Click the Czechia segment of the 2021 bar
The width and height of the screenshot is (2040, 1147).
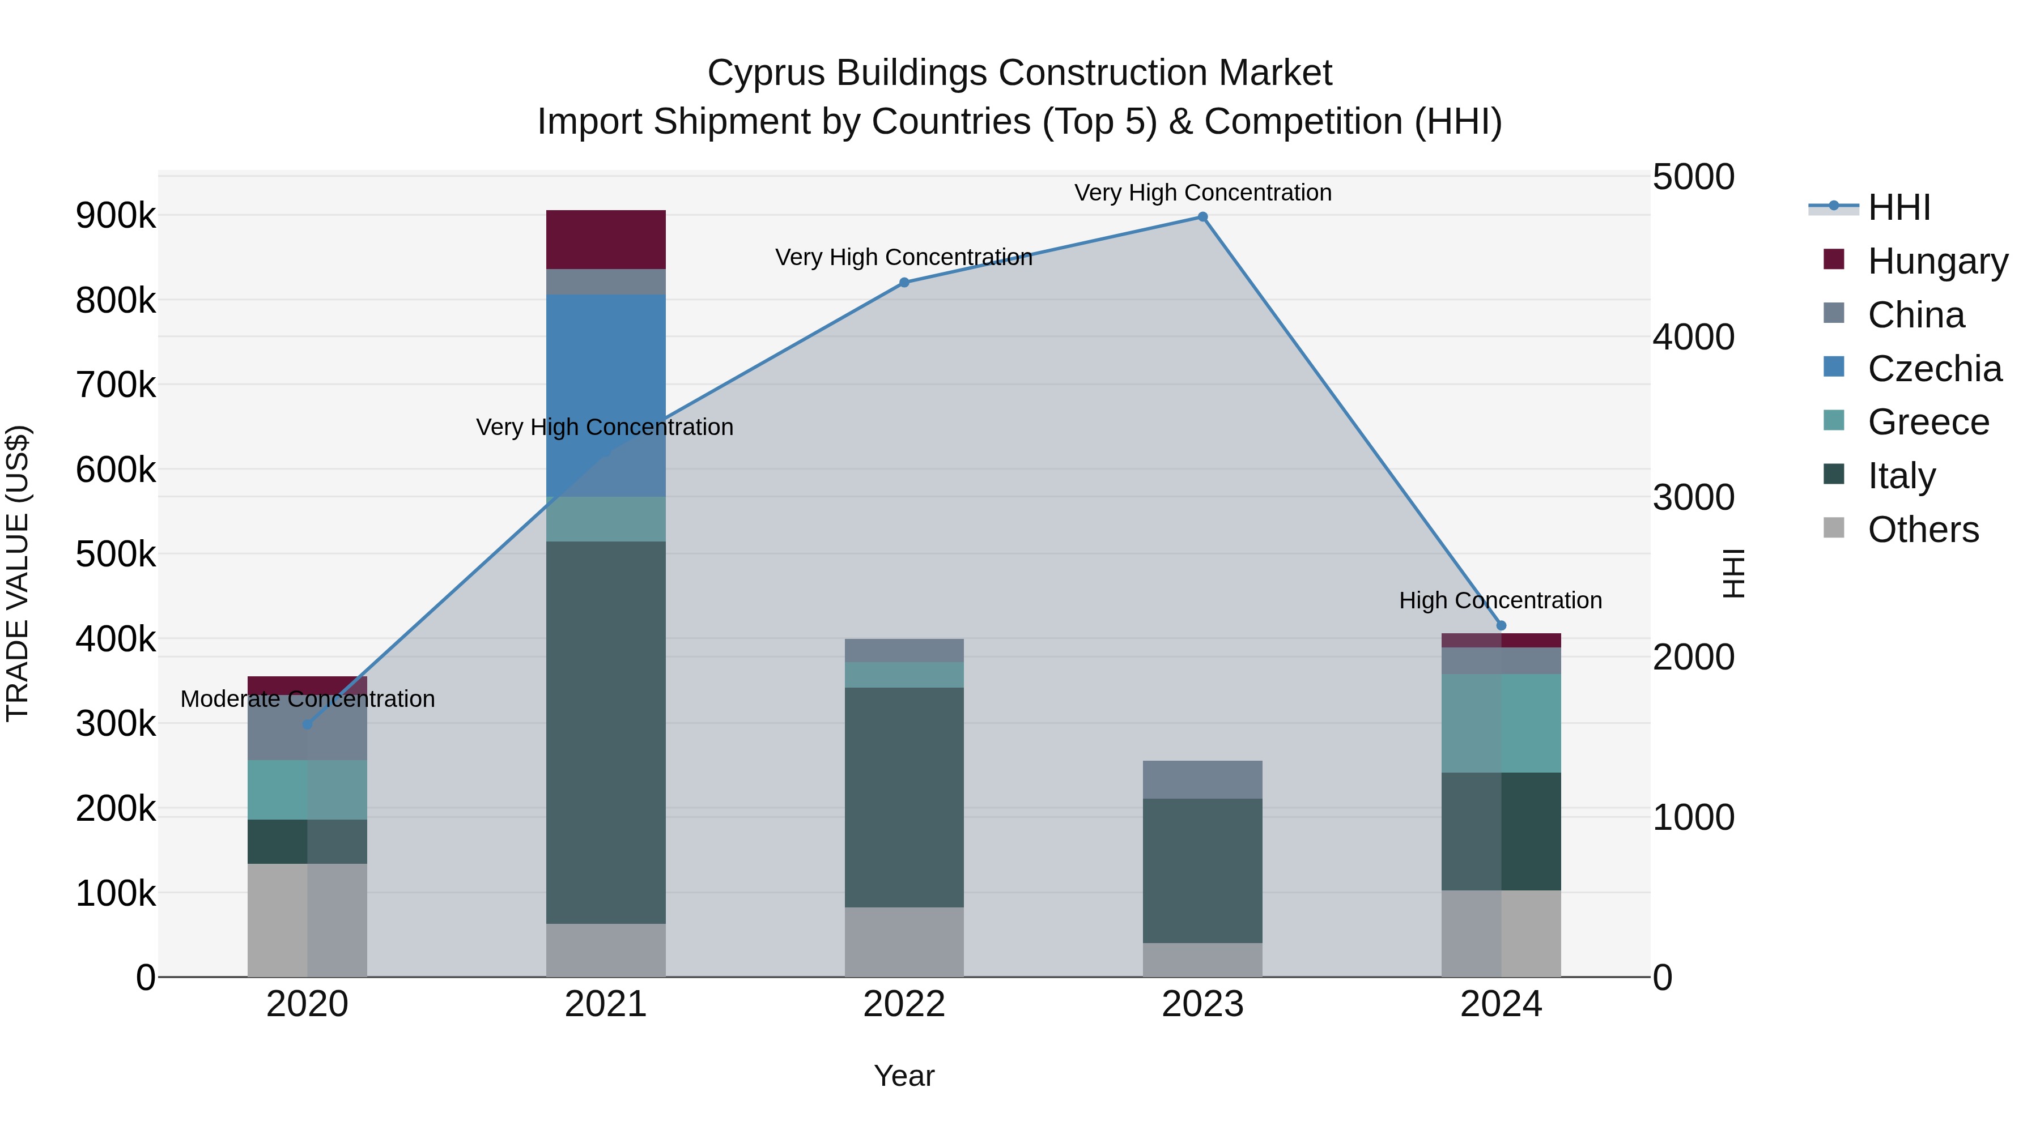606,372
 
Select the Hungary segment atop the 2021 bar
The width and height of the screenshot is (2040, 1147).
606,239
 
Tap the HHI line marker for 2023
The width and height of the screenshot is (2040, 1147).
1202,217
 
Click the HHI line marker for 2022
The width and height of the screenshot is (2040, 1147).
904,283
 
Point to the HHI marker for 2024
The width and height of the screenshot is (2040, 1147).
1501,625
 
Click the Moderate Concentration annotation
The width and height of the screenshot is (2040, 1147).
307,699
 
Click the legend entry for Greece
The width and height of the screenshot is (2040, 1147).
1928,422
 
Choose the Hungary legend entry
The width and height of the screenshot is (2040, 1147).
1937,261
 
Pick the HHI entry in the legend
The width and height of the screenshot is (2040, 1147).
1898,207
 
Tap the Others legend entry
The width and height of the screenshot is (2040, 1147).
1923,530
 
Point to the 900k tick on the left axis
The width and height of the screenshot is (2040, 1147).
116,215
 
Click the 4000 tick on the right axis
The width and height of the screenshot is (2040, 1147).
1693,337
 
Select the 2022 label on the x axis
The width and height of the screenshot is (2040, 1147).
904,1004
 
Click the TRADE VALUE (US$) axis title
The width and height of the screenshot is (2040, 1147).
18,573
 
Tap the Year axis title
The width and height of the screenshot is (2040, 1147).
904,1076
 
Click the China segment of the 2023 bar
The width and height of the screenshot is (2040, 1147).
1202,780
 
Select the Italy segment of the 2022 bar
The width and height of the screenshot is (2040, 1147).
904,796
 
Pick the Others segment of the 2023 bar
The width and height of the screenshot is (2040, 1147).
1202,960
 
